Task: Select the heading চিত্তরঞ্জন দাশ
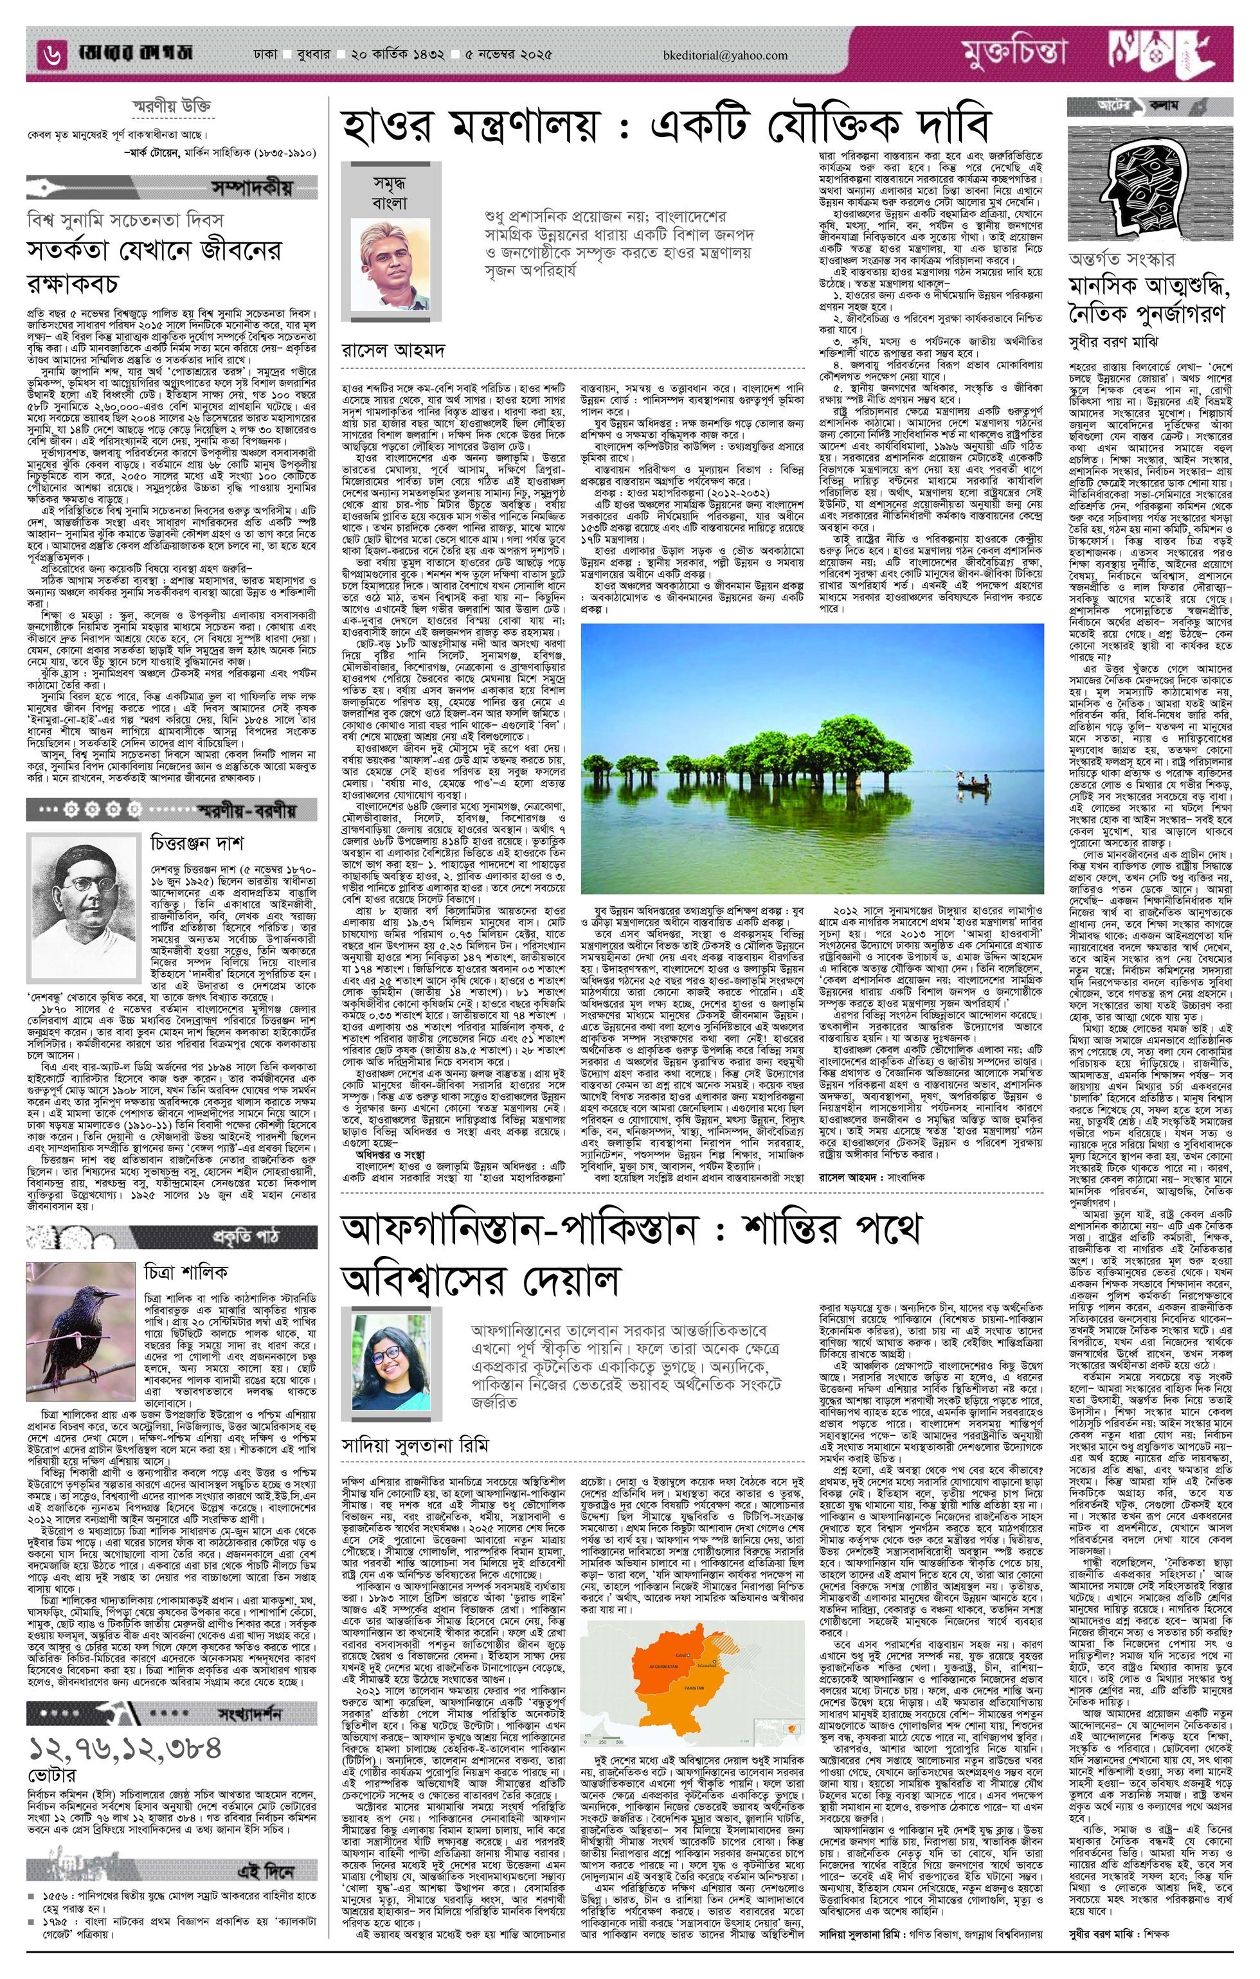point(197,843)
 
